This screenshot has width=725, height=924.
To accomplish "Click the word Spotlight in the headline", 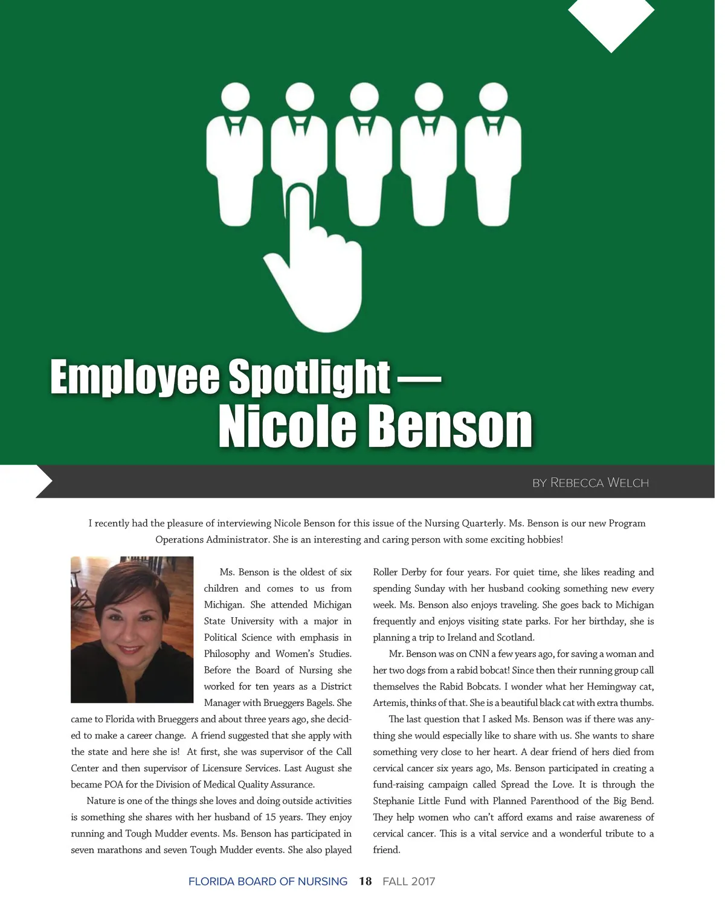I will click(309, 377).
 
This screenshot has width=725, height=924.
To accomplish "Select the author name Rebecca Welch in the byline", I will click(599, 483).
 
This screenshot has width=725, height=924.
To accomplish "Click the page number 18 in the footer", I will click(365, 881).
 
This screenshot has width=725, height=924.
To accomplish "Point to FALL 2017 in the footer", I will click(408, 881).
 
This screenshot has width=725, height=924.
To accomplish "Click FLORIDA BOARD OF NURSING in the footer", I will click(268, 881).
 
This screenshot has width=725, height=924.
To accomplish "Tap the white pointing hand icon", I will click(314, 266).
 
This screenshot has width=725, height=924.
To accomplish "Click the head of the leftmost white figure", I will click(235, 97).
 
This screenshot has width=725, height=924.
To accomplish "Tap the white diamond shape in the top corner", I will click(611, 21).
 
